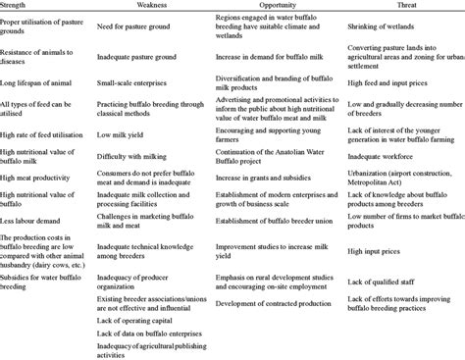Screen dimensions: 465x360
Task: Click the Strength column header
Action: click(18, 6)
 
